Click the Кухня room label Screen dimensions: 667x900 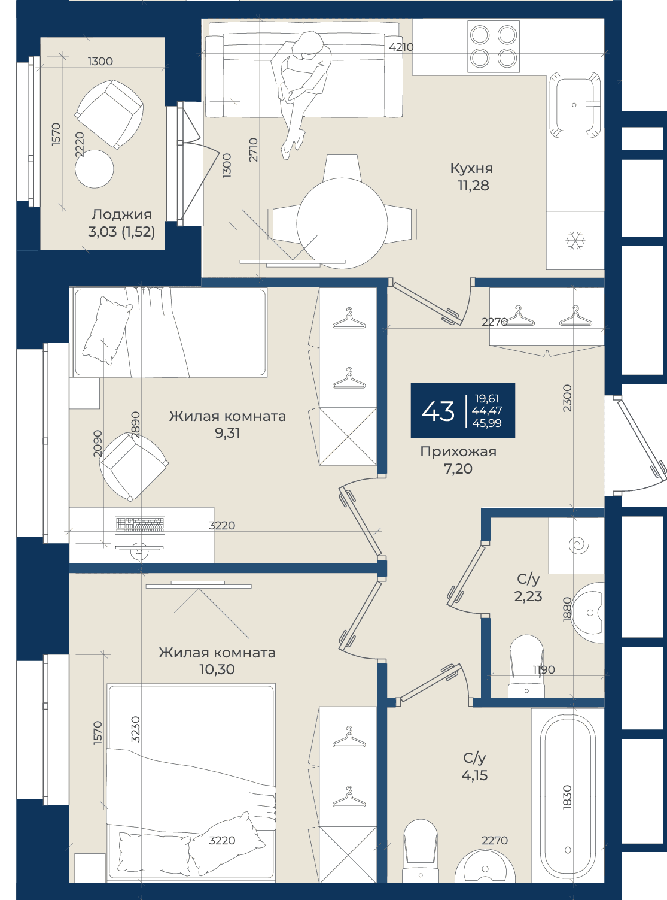click(x=471, y=168)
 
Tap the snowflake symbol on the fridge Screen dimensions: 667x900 click(x=575, y=241)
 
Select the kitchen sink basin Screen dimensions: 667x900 click(x=574, y=105)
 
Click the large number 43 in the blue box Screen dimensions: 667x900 click(x=437, y=411)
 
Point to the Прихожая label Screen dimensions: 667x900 click(x=458, y=451)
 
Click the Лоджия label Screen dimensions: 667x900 click(x=121, y=214)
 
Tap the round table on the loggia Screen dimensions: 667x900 click(x=94, y=169)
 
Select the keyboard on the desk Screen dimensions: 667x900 click(x=140, y=525)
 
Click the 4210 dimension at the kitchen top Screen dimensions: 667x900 click(x=401, y=47)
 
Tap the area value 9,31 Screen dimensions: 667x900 click(x=227, y=433)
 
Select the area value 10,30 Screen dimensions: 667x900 click(x=217, y=669)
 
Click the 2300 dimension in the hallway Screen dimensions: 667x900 click(x=567, y=398)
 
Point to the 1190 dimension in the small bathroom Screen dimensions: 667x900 click(x=544, y=669)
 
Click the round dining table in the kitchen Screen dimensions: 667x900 click(x=342, y=223)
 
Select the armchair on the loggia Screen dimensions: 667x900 click(x=109, y=114)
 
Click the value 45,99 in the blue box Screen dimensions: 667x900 click(x=486, y=423)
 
